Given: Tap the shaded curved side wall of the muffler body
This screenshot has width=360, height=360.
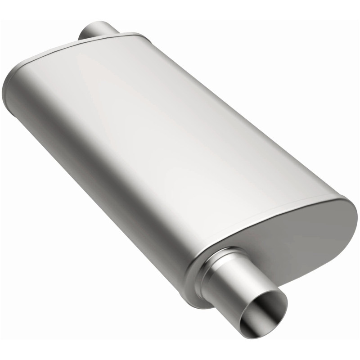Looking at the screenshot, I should click(x=90, y=180).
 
